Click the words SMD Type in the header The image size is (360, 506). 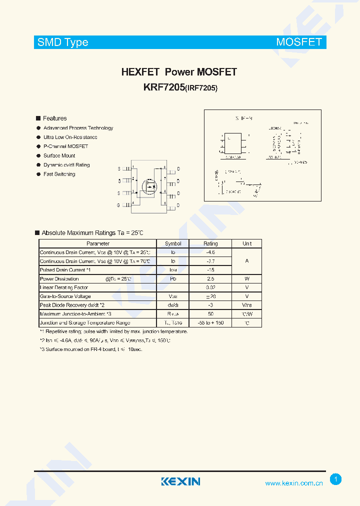point(62,42)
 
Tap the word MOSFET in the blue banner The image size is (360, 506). point(298,42)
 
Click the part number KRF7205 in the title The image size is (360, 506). point(163,87)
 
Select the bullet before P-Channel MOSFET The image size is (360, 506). point(38,146)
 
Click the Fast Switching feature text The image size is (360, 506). point(59,174)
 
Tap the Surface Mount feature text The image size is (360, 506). point(59,155)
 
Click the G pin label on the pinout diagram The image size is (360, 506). point(119,205)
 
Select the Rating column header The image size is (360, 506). point(210,243)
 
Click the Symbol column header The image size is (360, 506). point(173,243)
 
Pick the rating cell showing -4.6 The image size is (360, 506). point(210,252)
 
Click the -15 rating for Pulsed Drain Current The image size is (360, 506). point(210,270)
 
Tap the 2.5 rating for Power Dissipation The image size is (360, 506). point(210,279)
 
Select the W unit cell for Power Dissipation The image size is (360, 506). point(247,279)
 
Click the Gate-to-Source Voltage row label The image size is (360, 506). point(65,296)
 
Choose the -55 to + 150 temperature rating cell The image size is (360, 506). point(210,323)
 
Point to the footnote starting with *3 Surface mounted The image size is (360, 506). point(90,349)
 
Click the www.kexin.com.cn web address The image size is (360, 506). point(293,483)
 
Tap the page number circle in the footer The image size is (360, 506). point(336,479)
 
